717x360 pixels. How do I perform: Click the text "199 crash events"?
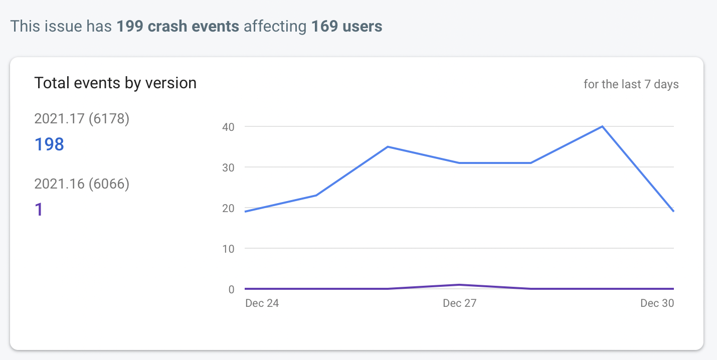177,26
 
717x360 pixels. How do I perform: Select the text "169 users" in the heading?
346,26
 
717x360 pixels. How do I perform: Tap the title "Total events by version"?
115,83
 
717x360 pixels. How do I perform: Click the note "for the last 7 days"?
631,84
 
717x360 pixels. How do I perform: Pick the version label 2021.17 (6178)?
82,119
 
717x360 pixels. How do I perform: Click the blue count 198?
49,144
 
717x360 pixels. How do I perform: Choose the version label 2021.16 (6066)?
82,184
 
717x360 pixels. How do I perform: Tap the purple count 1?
39,210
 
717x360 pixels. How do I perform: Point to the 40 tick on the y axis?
228,127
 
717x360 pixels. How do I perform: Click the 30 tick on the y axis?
228,167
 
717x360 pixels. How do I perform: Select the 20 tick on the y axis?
228,208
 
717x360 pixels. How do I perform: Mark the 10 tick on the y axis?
228,249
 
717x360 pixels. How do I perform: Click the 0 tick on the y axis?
231,289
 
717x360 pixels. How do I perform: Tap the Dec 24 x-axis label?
262,303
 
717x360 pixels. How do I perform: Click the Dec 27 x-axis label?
459,303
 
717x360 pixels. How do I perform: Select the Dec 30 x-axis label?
657,303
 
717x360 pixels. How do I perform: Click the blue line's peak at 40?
602,126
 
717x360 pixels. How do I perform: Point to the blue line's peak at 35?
388,147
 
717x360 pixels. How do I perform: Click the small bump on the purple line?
459,285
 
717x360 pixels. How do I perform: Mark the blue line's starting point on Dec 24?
246,212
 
